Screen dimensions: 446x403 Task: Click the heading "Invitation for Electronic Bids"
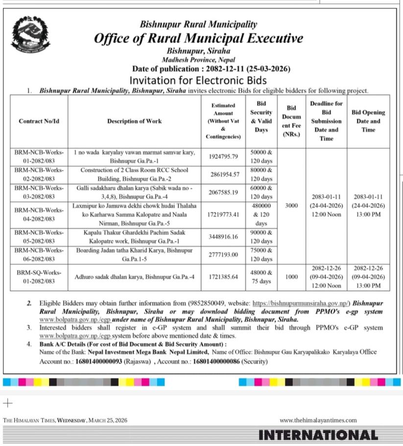pyautogui.click(x=198, y=80)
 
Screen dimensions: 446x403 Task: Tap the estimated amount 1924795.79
pyautogui.click(x=223, y=157)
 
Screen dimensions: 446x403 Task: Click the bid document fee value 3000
pyautogui.click(x=291, y=206)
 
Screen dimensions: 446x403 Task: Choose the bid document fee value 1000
pyautogui.click(x=291, y=276)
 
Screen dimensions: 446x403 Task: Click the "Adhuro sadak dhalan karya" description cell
pyautogui.click(x=134, y=276)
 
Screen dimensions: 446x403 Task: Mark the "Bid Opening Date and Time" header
pyautogui.click(x=368, y=121)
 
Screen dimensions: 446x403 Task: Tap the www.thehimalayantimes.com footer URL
pyautogui.click(x=318, y=420)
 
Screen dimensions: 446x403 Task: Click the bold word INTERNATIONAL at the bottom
pyautogui.click(x=318, y=435)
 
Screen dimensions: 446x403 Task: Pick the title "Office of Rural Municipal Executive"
pyautogui.click(x=198, y=38)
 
